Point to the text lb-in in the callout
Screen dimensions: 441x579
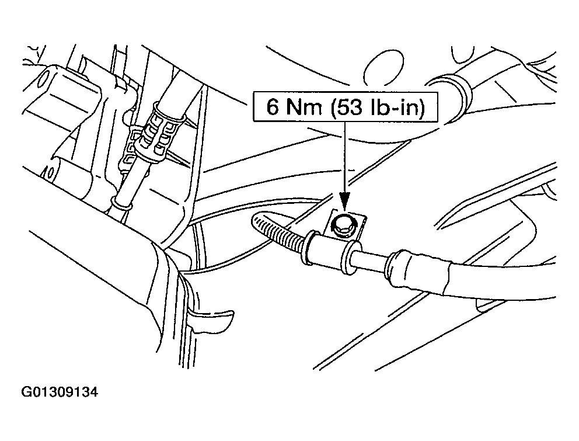pyautogui.click(x=393, y=109)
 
